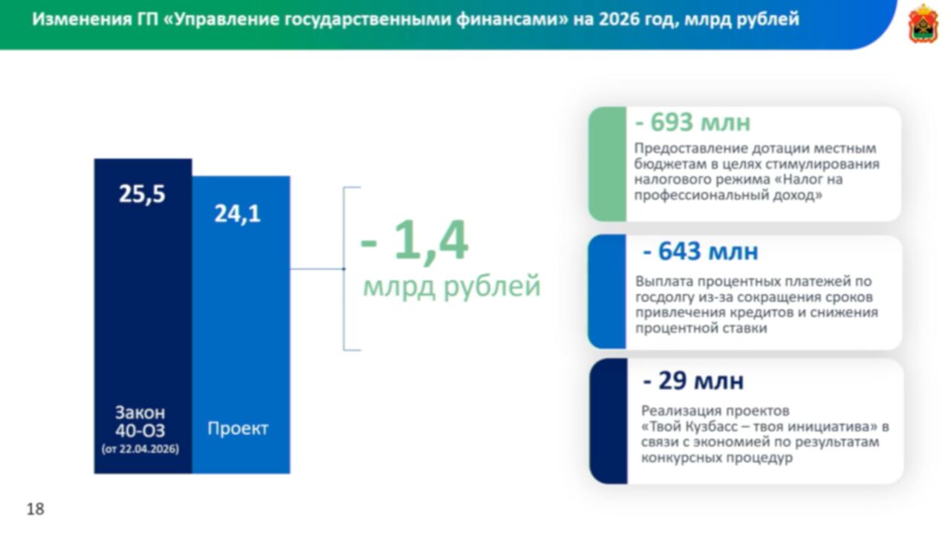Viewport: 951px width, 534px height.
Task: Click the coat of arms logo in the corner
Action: point(923,24)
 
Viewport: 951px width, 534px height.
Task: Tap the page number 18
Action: point(35,509)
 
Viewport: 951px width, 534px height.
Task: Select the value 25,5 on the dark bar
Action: point(142,195)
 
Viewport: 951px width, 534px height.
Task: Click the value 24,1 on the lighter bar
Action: point(237,214)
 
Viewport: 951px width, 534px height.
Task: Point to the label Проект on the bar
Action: point(238,429)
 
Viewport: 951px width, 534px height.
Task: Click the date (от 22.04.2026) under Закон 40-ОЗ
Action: point(140,449)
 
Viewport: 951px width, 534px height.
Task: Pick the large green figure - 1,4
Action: point(414,241)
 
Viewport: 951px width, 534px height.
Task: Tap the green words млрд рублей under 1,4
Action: point(452,287)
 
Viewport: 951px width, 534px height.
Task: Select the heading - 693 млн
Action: point(693,123)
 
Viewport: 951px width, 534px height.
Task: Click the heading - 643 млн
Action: point(701,251)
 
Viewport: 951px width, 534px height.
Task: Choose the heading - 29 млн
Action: point(693,381)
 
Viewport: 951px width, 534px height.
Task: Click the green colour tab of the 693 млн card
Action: point(608,164)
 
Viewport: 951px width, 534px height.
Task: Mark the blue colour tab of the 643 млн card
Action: point(607,292)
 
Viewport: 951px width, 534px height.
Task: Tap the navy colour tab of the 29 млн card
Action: point(608,421)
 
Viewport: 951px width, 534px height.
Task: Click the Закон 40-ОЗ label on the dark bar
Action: point(140,422)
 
